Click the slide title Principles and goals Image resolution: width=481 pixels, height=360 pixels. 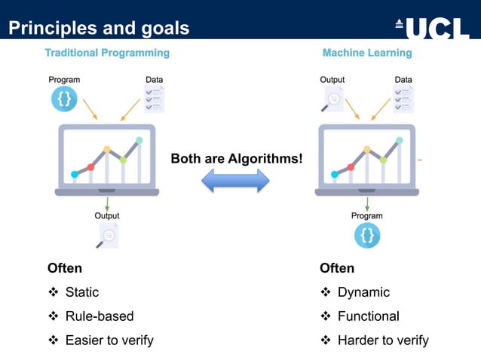99,29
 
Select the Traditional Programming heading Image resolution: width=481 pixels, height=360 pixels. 107,53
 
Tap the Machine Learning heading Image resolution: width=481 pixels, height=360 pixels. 367,53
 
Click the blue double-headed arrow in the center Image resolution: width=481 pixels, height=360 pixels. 235,181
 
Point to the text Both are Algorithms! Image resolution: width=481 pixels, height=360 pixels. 236,158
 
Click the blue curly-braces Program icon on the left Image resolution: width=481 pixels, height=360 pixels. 64,99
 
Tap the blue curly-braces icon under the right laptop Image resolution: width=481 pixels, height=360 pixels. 367,236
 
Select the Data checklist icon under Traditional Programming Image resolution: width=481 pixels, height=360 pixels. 153,99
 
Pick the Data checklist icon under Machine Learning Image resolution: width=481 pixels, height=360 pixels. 403,99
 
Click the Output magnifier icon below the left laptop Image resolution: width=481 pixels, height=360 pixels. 108,236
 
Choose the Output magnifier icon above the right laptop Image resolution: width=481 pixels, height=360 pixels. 332,99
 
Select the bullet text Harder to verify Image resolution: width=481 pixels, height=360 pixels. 383,340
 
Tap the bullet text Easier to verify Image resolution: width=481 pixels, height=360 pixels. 109,340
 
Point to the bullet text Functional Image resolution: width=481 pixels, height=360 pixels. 369,316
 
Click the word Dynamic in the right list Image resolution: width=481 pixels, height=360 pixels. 363,292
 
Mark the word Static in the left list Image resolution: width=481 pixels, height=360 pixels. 82,292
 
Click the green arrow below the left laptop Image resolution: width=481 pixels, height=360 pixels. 107,203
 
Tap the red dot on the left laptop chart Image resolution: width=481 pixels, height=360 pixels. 90,166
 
